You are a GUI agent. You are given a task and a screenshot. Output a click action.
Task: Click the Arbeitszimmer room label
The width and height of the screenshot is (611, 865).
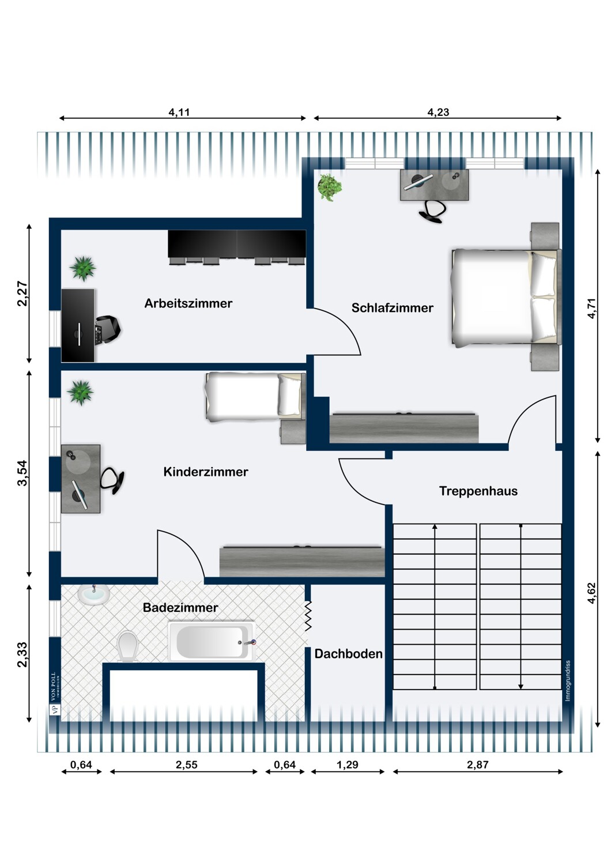(x=188, y=303)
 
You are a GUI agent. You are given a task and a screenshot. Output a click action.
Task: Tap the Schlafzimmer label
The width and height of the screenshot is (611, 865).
(x=392, y=308)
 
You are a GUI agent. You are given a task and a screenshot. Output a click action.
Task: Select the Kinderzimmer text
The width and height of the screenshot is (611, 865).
(x=206, y=472)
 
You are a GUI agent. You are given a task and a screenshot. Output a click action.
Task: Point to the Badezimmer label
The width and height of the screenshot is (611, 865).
(x=180, y=608)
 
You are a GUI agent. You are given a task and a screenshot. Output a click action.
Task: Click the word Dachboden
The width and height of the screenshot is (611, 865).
(x=349, y=654)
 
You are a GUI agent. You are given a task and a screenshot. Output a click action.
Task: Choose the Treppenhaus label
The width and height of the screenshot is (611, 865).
(x=478, y=491)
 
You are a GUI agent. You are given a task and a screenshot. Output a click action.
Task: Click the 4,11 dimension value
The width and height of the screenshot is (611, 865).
(x=179, y=112)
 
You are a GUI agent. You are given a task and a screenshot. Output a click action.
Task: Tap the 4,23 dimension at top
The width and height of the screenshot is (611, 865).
(x=439, y=112)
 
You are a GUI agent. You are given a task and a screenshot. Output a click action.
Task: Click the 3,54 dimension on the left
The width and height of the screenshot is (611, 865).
(x=22, y=473)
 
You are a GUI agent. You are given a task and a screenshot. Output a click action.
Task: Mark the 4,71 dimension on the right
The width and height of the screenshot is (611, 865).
(x=591, y=309)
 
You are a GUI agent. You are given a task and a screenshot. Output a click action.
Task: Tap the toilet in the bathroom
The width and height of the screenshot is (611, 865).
(x=128, y=646)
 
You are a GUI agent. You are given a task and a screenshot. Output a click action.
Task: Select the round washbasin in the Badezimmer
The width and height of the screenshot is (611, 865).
(x=94, y=596)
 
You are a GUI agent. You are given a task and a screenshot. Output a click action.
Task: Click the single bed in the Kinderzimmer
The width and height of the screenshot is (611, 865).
(x=255, y=397)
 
